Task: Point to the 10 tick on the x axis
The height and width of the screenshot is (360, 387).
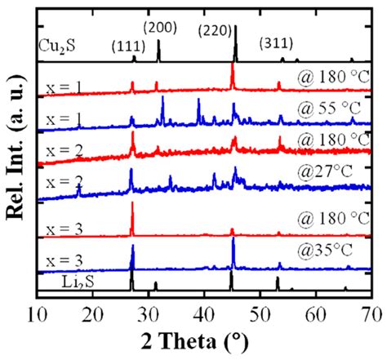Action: click(x=37, y=313)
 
